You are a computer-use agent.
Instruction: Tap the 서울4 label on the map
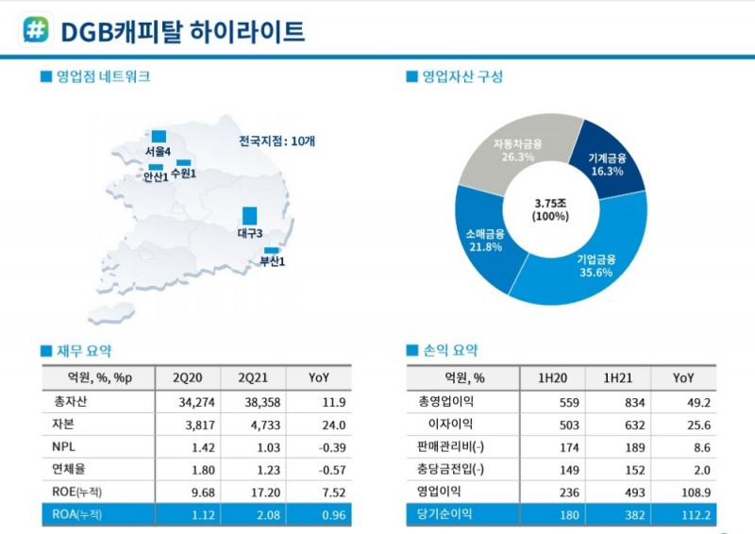point(158,151)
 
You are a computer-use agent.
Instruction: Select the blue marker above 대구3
point(249,216)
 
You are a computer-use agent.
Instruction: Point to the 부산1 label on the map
point(272,261)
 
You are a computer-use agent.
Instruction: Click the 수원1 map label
point(183,175)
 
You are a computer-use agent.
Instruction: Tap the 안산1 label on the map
point(155,176)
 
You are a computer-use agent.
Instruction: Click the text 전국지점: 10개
point(277,141)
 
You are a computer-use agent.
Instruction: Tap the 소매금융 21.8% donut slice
point(485,240)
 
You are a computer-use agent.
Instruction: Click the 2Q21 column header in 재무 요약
point(255,377)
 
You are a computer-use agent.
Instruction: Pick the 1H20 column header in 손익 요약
point(553,377)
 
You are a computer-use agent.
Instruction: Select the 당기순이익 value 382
point(616,514)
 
